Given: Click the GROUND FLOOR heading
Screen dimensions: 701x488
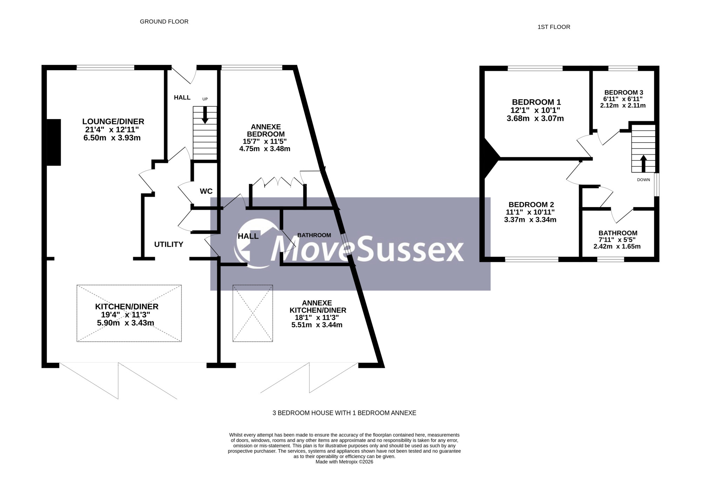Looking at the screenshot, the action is pyautogui.click(x=164, y=22).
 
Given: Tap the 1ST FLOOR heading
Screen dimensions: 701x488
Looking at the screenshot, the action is pyautogui.click(x=554, y=27).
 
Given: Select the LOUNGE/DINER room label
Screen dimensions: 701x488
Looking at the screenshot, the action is pyautogui.click(x=113, y=122).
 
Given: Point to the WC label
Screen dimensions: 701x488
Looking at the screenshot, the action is pyautogui.click(x=206, y=191).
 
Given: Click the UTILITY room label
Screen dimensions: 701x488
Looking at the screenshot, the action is pyautogui.click(x=169, y=245).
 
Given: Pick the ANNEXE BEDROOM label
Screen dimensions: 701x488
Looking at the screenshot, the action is pyautogui.click(x=266, y=130).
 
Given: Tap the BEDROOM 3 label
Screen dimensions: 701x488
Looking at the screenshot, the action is pyautogui.click(x=623, y=92).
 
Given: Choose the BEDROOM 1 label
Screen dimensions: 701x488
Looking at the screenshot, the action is pyautogui.click(x=536, y=102).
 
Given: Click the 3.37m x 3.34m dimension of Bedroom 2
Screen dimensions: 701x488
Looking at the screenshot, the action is pyautogui.click(x=530, y=220).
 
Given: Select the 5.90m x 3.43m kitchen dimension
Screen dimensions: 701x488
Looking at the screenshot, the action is pyautogui.click(x=125, y=323).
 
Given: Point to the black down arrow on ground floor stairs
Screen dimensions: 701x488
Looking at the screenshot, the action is pyautogui.click(x=205, y=115).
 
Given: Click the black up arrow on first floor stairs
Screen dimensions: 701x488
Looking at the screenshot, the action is pyautogui.click(x=643, y=164).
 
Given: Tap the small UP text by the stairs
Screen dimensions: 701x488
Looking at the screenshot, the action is pyautogui.click(x=205, y=99).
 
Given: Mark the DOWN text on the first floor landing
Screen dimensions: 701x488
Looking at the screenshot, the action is pyautogui.click(x=644, y=180).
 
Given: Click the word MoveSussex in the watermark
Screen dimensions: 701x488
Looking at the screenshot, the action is pyautogui.click(x=368, y=248).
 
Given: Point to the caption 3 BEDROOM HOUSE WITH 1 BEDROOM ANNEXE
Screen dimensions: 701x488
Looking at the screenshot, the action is pyautogui.click(x=345, y=413).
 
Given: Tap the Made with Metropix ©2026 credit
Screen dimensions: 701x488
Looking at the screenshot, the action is pyautogui.click(x=345, y=462).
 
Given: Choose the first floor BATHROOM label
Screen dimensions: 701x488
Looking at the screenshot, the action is pyautogui.click(x=618, y=233).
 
